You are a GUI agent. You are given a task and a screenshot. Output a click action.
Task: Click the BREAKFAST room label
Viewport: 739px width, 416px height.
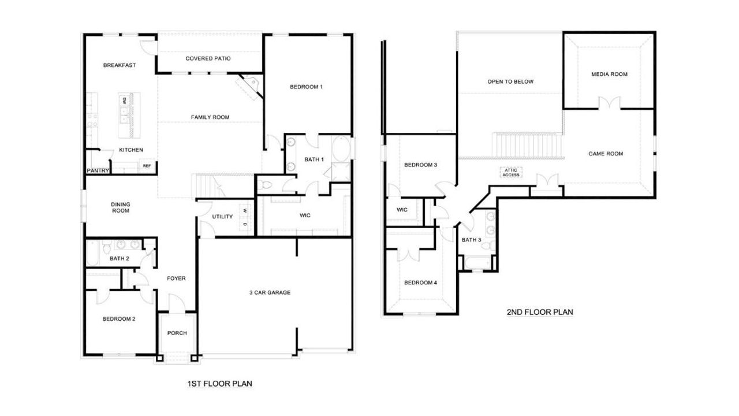120,65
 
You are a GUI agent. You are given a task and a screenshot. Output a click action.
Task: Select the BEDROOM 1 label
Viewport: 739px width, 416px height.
306,87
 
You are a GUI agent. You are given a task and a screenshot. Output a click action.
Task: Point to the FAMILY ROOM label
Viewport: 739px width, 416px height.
210,117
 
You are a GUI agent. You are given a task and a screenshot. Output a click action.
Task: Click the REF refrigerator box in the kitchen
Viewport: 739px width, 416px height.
147,166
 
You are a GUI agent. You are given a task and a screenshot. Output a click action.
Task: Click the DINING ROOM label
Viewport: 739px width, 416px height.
121,207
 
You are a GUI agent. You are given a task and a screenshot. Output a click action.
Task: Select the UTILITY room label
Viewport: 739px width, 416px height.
222,217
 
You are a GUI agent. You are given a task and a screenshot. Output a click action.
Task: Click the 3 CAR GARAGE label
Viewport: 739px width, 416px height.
270,293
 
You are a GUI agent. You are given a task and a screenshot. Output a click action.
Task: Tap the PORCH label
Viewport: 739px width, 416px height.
177,333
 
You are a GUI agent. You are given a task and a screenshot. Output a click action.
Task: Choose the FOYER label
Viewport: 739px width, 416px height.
176,278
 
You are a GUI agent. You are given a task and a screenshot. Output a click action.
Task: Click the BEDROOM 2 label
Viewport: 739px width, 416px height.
119,319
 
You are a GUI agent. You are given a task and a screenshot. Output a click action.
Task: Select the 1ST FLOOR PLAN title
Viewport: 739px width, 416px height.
219,384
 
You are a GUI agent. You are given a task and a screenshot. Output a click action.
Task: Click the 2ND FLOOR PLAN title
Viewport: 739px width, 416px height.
539,312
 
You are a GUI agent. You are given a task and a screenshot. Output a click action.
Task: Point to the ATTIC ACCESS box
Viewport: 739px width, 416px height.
511,172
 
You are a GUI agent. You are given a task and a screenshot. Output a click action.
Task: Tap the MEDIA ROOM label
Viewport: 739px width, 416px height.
609,75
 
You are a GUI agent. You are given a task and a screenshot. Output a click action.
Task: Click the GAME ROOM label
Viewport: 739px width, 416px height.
606,154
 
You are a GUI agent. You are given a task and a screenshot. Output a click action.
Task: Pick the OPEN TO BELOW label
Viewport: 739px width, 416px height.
510,82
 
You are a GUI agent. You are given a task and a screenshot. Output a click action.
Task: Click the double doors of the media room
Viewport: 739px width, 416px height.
609,103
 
